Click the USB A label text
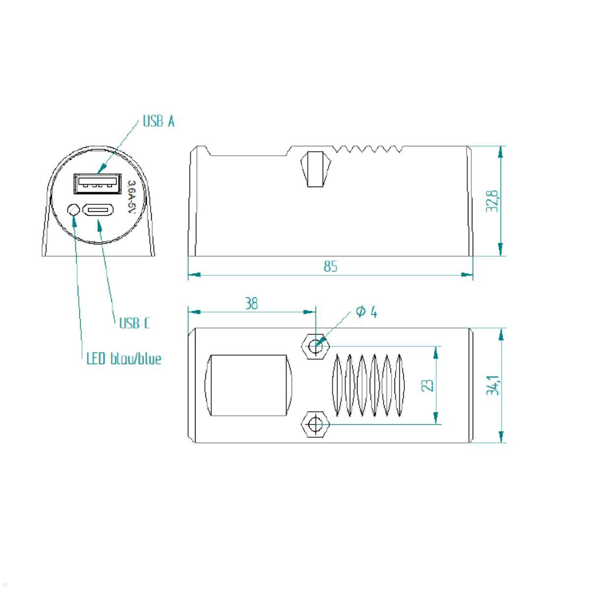pos(158,122)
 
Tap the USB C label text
pos(134,323)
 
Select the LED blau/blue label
pos(124,359)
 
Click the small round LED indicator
pos(73,210)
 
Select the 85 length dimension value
pos(330,266)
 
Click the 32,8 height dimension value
pos(492,201)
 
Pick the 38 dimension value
pos(251,304)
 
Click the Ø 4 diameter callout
pos(366,312)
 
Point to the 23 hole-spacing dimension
pos(428,385)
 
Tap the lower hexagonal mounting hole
pos(314,423)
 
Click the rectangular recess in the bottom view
pos(248,385)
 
